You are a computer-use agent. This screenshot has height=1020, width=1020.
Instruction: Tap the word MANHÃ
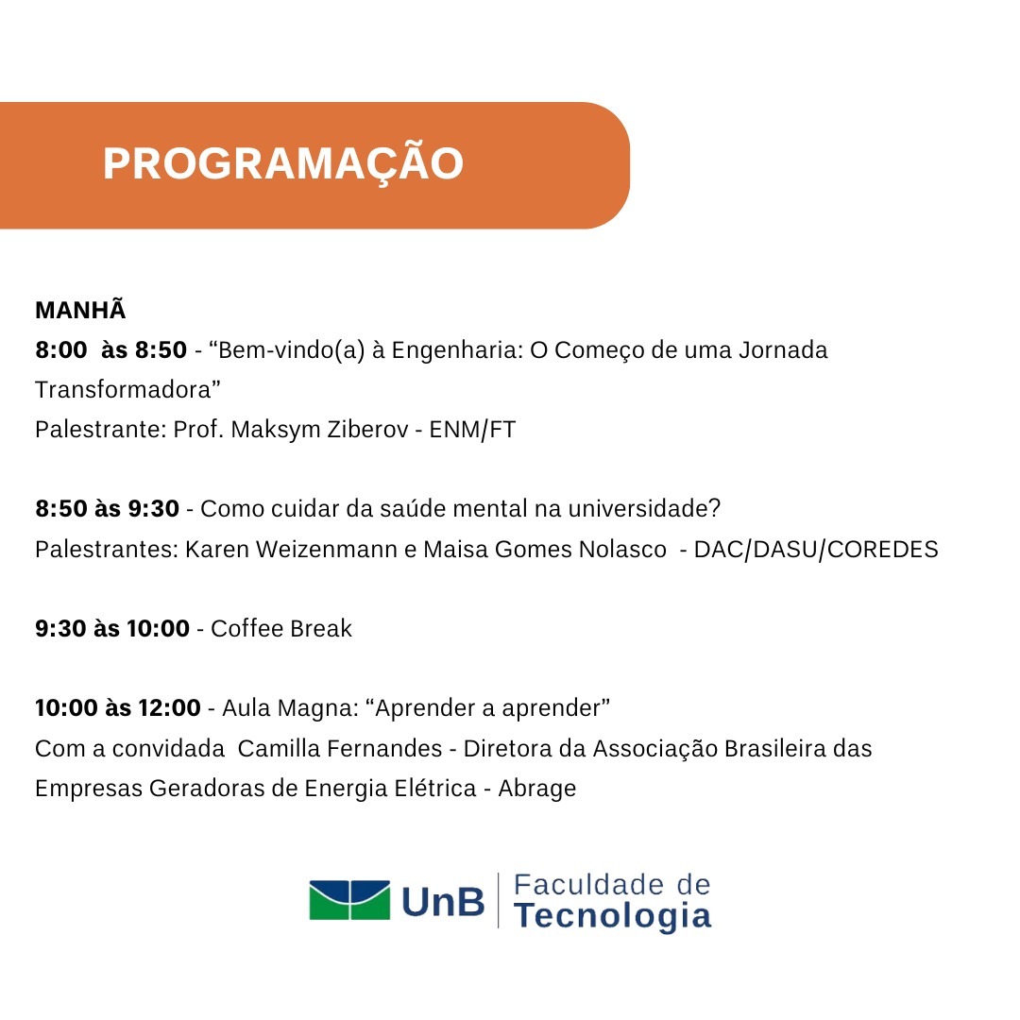click(x=80, y=310)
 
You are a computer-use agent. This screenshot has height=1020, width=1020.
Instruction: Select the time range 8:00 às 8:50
click(x=110, y=350)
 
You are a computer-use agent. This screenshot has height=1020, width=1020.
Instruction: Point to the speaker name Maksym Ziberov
click(x=319, y=430)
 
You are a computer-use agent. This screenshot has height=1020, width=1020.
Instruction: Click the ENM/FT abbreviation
click(x=472, y=430)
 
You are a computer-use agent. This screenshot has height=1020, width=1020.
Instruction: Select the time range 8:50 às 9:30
click(x=107, y=509)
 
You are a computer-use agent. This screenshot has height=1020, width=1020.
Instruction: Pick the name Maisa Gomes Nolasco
click(x=545, y=550)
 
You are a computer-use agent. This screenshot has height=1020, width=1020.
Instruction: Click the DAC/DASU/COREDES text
click(x=816, y=550)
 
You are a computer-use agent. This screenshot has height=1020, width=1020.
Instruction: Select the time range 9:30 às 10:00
click(x=111, y=628)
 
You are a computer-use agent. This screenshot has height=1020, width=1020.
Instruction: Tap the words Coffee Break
click(x=281, y=628)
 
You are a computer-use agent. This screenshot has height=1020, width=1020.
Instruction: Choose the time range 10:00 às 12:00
click(x=118, y=707)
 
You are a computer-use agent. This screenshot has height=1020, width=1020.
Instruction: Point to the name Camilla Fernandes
click(x=340, y=749)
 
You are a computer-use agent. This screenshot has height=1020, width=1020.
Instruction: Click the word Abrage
click(x=537, y=789)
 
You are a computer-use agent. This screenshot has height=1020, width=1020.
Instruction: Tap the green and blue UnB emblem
click(x=349, y=900)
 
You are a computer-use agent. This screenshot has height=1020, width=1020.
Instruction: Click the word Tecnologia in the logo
click(x=612, y=916)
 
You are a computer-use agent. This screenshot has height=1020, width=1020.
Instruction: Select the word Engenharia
click(x=454, y=350)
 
